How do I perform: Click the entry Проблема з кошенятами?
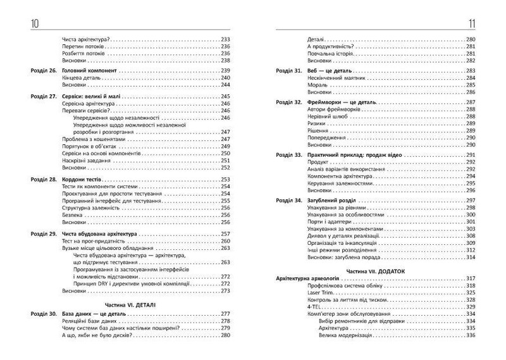click(x=94, y=139)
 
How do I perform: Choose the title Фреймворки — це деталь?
click(x=342, y=102)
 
